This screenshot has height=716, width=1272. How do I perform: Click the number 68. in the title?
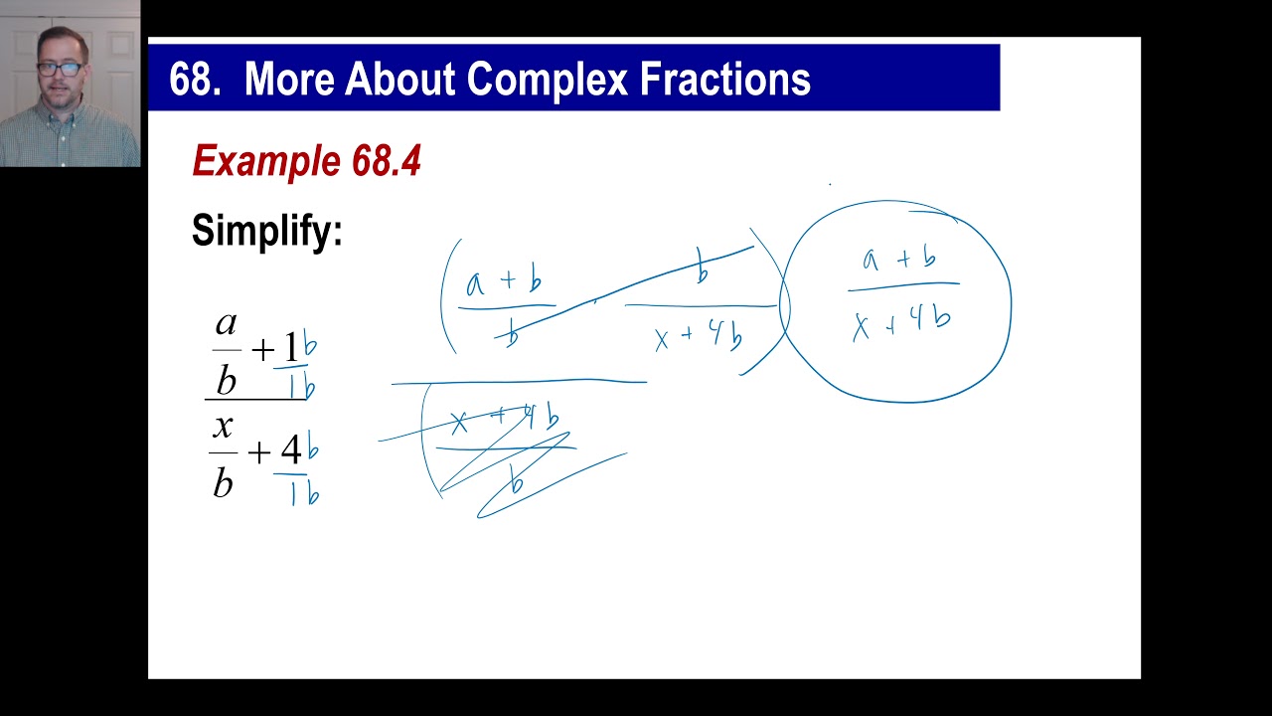(x=195, y=80)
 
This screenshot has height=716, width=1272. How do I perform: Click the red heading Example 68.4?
(x=306, y=161)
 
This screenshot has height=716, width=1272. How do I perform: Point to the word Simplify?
(x=266, y=231)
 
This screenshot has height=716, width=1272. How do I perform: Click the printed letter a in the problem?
(x=227, y=323)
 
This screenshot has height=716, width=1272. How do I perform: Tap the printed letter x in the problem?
(x=223, y=427)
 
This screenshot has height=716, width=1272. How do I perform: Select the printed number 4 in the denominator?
(x=290, y=451)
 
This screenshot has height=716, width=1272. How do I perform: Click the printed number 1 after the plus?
(x=291, y=348)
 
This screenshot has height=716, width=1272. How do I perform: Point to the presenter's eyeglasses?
(x=61, y=69)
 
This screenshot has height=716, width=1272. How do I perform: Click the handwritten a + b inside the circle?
(x=899, y=261)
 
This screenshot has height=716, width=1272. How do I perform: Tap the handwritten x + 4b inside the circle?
(x=901, y=320)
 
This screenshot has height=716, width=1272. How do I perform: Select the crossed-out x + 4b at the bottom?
(x=504, y=422)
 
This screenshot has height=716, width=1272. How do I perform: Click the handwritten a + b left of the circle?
(x=504, y=281)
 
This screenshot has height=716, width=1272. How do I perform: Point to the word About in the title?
(x=399, y=80)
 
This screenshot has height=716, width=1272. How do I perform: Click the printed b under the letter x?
(x=223, y=482)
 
